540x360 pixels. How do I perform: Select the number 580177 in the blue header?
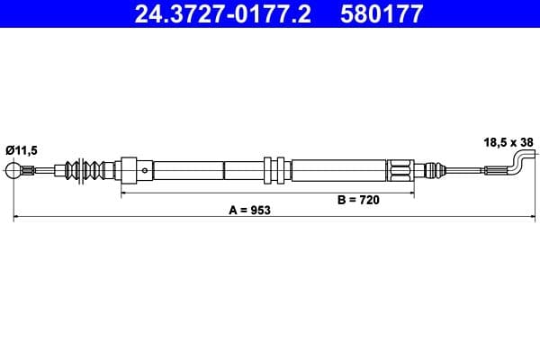coord(370,13)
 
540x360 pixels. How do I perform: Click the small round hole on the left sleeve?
coord(144,168)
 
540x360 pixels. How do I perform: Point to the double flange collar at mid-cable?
coord(274,169)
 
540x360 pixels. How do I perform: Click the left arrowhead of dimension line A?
coord(15,217)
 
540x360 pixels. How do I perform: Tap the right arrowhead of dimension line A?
coord(527,217)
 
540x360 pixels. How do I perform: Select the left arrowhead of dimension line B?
coord(123,192)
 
